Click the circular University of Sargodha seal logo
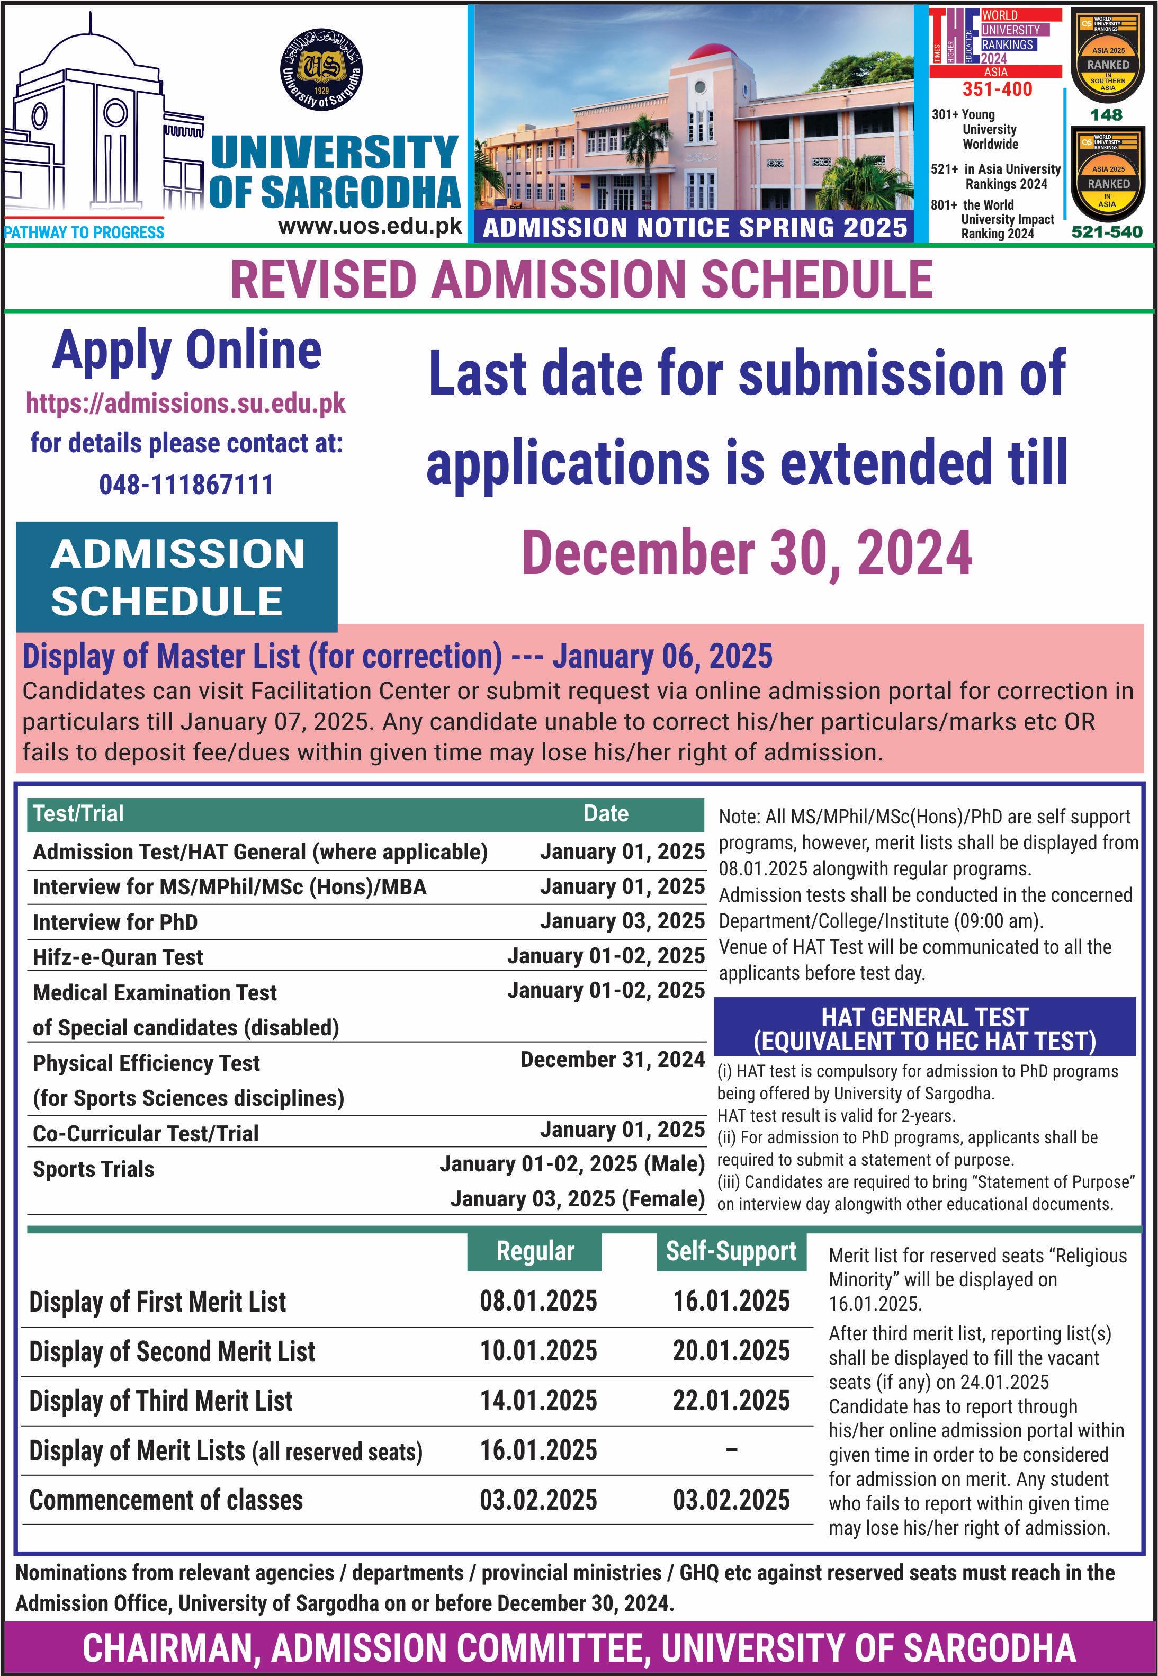321,70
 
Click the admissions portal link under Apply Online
186,404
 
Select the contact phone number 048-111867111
186,484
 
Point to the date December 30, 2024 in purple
747,553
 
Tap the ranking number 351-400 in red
997,89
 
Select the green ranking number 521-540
1107,232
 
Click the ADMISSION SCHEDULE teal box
177,577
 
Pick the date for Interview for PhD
622,921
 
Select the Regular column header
535,1251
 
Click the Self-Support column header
731,1251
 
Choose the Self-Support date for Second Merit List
731,1351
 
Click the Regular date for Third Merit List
538,1400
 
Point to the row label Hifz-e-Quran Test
118,957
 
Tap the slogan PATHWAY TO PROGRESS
84,232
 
